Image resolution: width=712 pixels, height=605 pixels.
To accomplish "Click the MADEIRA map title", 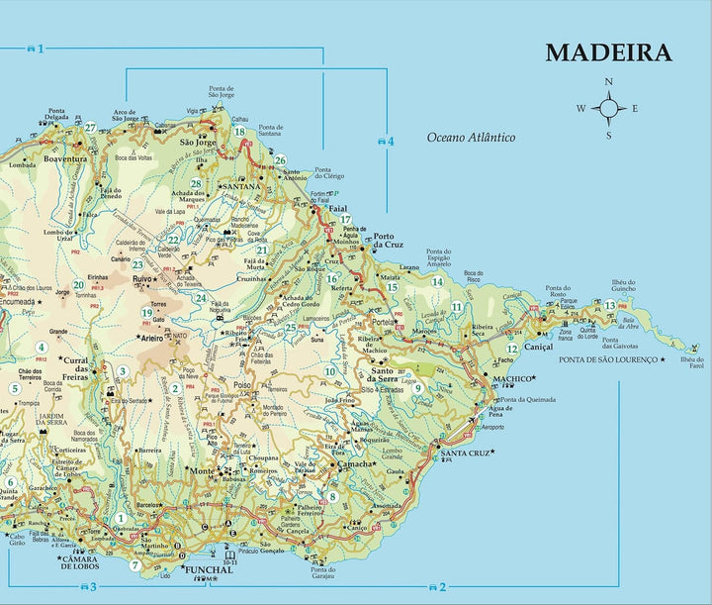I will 608,52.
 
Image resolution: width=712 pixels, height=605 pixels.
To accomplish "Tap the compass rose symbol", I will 609,108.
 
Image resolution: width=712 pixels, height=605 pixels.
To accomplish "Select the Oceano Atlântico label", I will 472,137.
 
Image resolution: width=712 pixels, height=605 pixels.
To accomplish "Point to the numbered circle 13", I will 610,306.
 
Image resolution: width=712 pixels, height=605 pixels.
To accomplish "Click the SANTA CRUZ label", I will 464,454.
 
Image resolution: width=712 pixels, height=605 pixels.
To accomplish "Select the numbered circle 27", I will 90,127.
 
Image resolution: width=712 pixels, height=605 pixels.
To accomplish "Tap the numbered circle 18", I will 238,132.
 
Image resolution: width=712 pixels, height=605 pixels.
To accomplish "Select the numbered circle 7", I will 135,565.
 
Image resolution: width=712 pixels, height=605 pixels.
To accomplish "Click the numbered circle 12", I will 511,349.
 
